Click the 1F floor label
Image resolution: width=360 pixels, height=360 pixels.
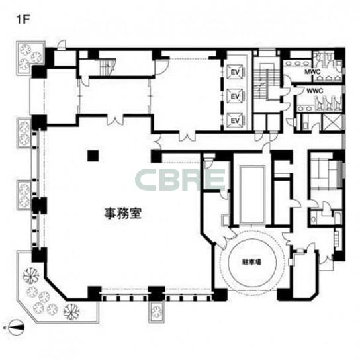(x=23, y=20)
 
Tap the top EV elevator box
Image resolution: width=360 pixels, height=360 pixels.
(x=236, y=72)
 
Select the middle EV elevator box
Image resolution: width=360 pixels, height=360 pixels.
(x=236, y=96)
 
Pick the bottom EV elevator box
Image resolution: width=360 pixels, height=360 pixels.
(x=236, y=120)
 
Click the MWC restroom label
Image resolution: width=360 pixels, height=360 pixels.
(x=312, y=72)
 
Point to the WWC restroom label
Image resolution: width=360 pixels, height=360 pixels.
(x=315, y=91)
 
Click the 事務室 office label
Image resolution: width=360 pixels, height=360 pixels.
(x=122, y=214)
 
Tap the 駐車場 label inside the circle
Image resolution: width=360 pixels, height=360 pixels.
(x=252, y=262)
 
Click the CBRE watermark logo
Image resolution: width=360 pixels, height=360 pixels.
(x=180, y=179)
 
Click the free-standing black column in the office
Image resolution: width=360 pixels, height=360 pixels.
(x=93, y=156)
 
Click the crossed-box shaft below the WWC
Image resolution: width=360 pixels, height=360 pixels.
(x=332, y=122)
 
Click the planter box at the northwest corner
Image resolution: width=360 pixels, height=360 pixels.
(x=30, y=58)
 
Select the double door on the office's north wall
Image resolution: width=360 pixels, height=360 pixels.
(x=115, y=121)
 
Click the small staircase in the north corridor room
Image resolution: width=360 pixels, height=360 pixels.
(x=107, y=66)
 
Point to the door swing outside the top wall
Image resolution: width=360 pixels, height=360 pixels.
(x=62, y=45)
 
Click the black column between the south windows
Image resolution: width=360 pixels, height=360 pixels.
(x=156, y=293)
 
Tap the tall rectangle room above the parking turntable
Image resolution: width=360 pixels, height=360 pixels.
(x=252, y=195)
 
